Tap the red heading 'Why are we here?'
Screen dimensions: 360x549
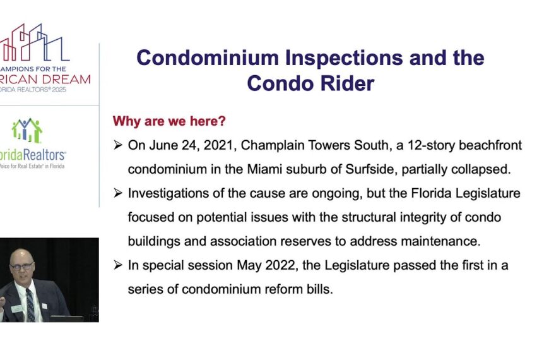[x=168, y=121]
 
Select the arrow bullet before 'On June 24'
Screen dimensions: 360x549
[x=117, y=145]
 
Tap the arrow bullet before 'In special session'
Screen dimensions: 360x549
[x=117, y=265]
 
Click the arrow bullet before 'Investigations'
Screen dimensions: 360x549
[x=117, y=193]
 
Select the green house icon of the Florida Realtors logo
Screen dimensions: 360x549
[x=27, y=130]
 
